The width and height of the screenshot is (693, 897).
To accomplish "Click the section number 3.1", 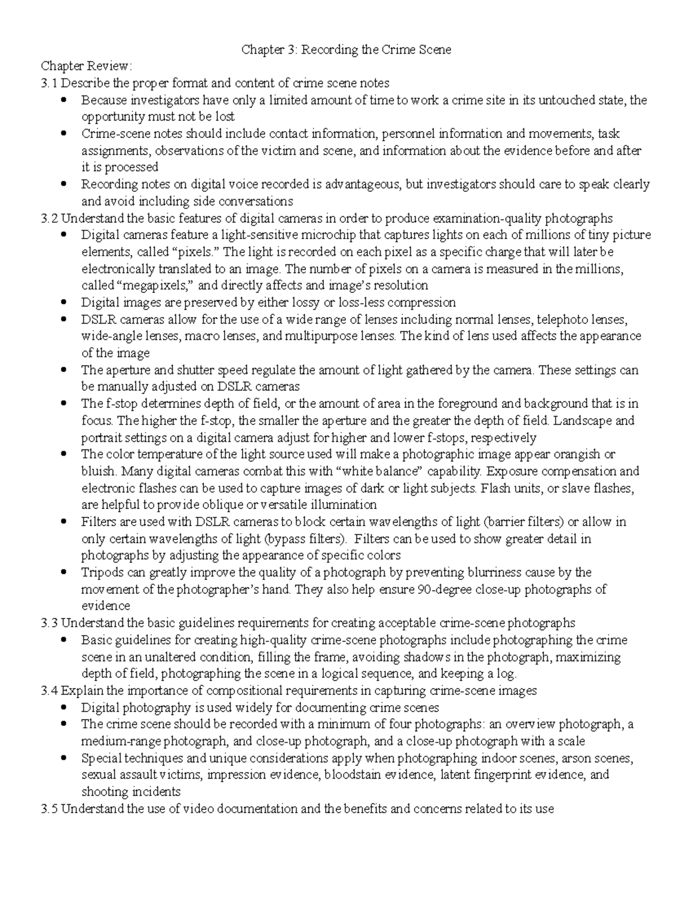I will tap(49, 83).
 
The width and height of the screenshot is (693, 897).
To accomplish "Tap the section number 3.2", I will tap(49, 218).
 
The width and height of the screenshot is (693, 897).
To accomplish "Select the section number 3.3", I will tap(49, 623).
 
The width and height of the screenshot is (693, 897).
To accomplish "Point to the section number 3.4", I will tap(49, 690).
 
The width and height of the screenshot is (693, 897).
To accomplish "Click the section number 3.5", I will tap(49, 809).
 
